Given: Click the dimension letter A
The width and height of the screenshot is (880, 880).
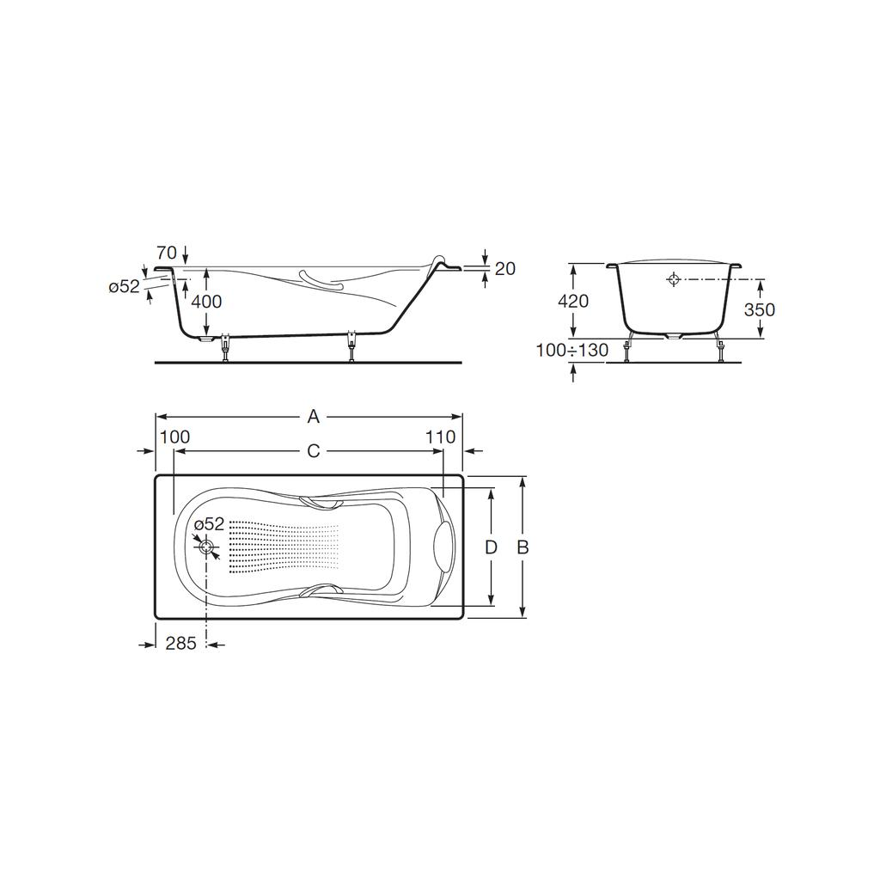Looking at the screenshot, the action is click(313, 417).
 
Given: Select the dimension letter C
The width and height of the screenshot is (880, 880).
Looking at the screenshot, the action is click(313, 450).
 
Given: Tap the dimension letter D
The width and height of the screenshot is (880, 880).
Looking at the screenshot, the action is click(491, 547).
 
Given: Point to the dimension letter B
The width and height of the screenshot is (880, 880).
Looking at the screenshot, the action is click(522, 547).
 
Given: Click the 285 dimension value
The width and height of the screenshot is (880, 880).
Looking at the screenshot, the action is click(180, 643).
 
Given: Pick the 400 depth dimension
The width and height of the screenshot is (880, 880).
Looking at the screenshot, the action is click(206, 302).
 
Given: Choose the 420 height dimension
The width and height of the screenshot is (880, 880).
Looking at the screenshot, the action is click(573, 302).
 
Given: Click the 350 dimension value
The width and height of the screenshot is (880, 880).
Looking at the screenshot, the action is click(760, 309).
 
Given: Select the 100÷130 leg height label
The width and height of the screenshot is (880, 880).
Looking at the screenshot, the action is click(571, 351).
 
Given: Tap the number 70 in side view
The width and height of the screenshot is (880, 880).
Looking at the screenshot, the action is click(167, 252).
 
